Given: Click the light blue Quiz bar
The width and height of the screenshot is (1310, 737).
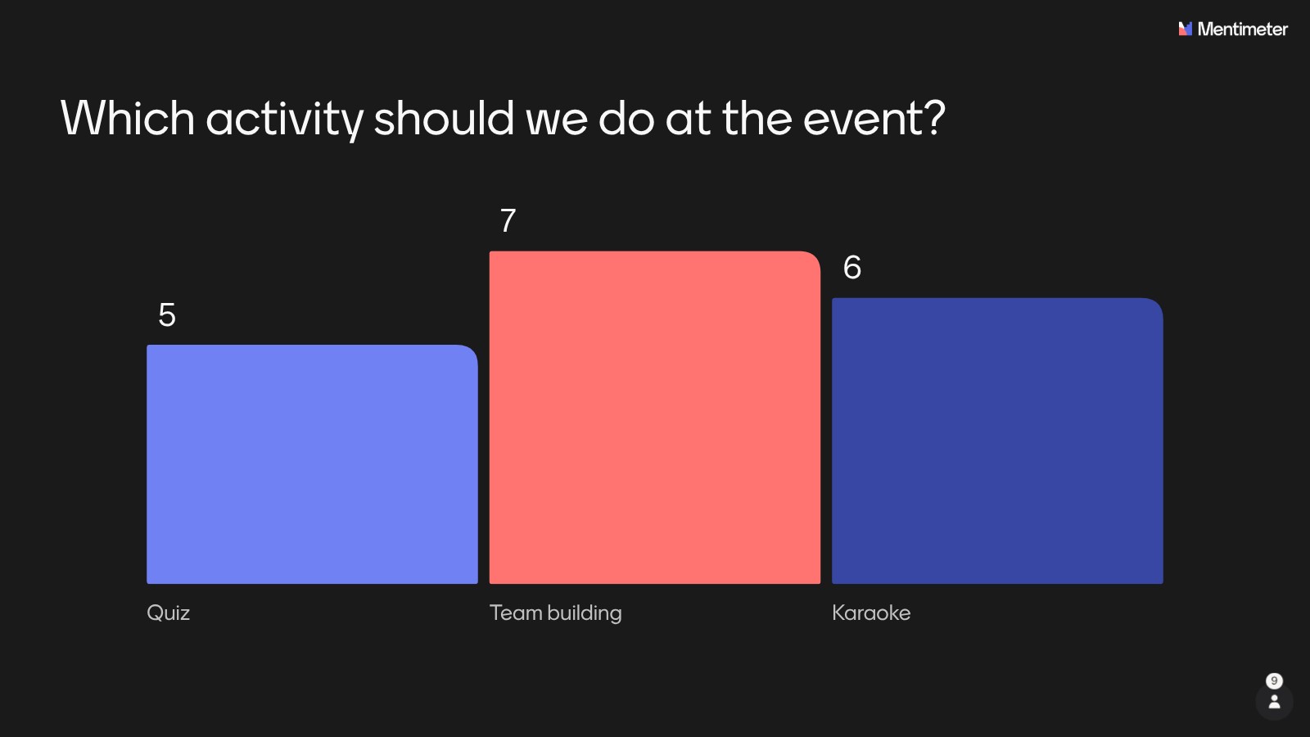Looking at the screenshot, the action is tap(312, 463).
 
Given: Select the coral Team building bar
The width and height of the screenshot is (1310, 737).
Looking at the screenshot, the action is tap(655, 417).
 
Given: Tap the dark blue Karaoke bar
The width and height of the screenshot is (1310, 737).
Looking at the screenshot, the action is tap(998, 441).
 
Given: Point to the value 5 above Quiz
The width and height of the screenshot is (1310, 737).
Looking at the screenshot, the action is tap(167, 314).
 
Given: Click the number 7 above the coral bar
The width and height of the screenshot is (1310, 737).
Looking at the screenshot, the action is tap(508, 220).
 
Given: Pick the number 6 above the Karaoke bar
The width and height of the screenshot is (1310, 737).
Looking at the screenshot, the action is tap(852, 267).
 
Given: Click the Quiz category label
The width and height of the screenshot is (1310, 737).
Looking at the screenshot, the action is tap(169, 613).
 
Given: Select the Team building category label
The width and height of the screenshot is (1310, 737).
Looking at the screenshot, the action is tap(556, 613).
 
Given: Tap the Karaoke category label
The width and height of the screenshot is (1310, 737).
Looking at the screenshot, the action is tap(871, 613).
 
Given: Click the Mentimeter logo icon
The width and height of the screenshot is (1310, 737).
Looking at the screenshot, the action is tap(1186, 29).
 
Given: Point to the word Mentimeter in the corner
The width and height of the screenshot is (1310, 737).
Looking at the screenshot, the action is tap(1243, 29).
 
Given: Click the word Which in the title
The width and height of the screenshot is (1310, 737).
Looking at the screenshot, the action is tap(128, 118).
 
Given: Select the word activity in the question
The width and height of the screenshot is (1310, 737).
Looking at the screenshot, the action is tap(285, 120).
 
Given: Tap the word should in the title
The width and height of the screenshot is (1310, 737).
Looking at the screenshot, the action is tap(444, 118).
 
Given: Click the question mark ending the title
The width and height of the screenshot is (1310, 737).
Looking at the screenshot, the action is tap(933, 118).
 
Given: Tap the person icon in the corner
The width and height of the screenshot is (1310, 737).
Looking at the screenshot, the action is tap(1274, 701).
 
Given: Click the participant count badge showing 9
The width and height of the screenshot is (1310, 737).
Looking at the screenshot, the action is tap(1274, 680).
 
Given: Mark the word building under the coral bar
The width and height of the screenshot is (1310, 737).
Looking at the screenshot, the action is tap(585, 613).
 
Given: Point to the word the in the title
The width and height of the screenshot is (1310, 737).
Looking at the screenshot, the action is tap(757, 118).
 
